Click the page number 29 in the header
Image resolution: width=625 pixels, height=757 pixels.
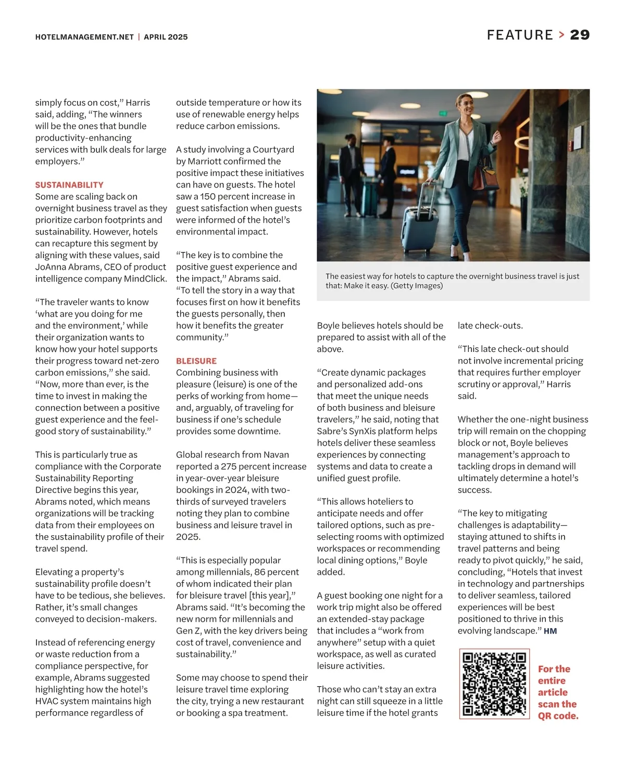(580, 35)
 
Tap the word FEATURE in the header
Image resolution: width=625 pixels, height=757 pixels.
(520, 35)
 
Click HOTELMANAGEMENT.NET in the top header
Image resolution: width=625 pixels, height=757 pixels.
(84, 37)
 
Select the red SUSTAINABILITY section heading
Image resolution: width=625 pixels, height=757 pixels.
(69, 185)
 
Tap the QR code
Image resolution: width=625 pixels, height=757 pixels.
(494, 684)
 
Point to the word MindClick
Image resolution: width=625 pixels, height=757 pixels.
(145, 279)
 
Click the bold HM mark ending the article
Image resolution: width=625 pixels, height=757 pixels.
(550, 631)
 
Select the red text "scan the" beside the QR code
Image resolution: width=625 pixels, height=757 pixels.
(557, 704)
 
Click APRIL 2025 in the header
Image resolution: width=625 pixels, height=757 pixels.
(166, 37)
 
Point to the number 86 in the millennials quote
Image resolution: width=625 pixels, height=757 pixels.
(273, 572)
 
